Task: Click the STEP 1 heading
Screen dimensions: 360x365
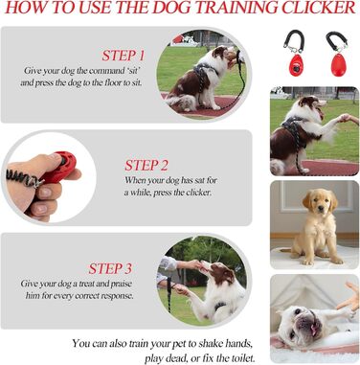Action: pyautogui.click(x=124, y=56)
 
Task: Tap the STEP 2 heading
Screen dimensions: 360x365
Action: pyautogui.click(x=146, y=166)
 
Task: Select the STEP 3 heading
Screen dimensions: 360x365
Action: pyautogui.click(x=110, y=268)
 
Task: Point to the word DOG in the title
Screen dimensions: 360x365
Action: pyautogui.click(x=171, y=8)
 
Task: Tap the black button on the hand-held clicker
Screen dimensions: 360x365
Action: pyautogui.click(x=63, y=161)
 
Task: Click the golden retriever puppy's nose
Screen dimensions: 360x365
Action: pyautogui.click(x=321, y=210)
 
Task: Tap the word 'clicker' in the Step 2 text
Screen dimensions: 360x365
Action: pyautogui.click(x=199, y=193)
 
